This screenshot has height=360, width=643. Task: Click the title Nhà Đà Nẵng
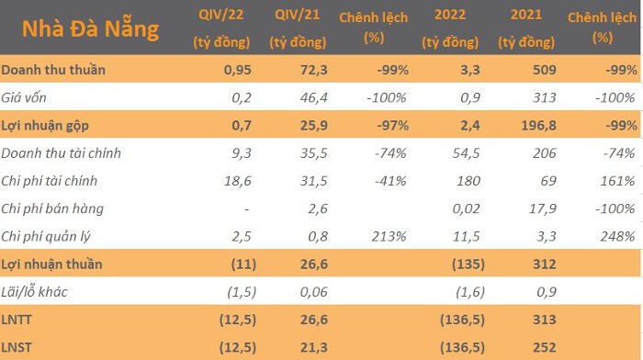[x=90, y=29]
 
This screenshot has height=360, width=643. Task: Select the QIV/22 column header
[x=221, y=28]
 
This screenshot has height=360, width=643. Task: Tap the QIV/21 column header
[x=298, y=28]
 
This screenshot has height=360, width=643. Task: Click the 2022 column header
[x=450, y=28]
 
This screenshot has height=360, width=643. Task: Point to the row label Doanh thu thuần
[x=53, y=70]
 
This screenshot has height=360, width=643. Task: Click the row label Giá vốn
[x=24, y=97]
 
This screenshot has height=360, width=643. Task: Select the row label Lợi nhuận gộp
[x=45, y=126]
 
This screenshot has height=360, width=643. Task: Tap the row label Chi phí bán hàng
[x=52, y=208]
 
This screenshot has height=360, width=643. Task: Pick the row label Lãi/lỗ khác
[x=35, y=292]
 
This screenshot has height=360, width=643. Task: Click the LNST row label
[x=17, y=348]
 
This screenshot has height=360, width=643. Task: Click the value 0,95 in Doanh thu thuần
[x=237, y=70]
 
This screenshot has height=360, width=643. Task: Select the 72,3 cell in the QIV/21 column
[x=314, y=70]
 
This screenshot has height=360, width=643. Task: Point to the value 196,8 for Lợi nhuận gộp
[x=539, y=126]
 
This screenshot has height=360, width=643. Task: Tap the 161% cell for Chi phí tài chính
[x=617, y=181]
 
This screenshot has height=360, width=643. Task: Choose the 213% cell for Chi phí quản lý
[x=389, y=237]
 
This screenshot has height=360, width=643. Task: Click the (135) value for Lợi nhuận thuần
[x=468, y=264]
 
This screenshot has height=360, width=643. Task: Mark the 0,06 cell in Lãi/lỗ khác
[x=314, y=292]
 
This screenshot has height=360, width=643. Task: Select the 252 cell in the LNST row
[x=545, y=348]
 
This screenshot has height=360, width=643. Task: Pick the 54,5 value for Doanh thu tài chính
[x=467, y=153]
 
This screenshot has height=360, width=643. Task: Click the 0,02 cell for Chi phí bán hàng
[x=467, y=208]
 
